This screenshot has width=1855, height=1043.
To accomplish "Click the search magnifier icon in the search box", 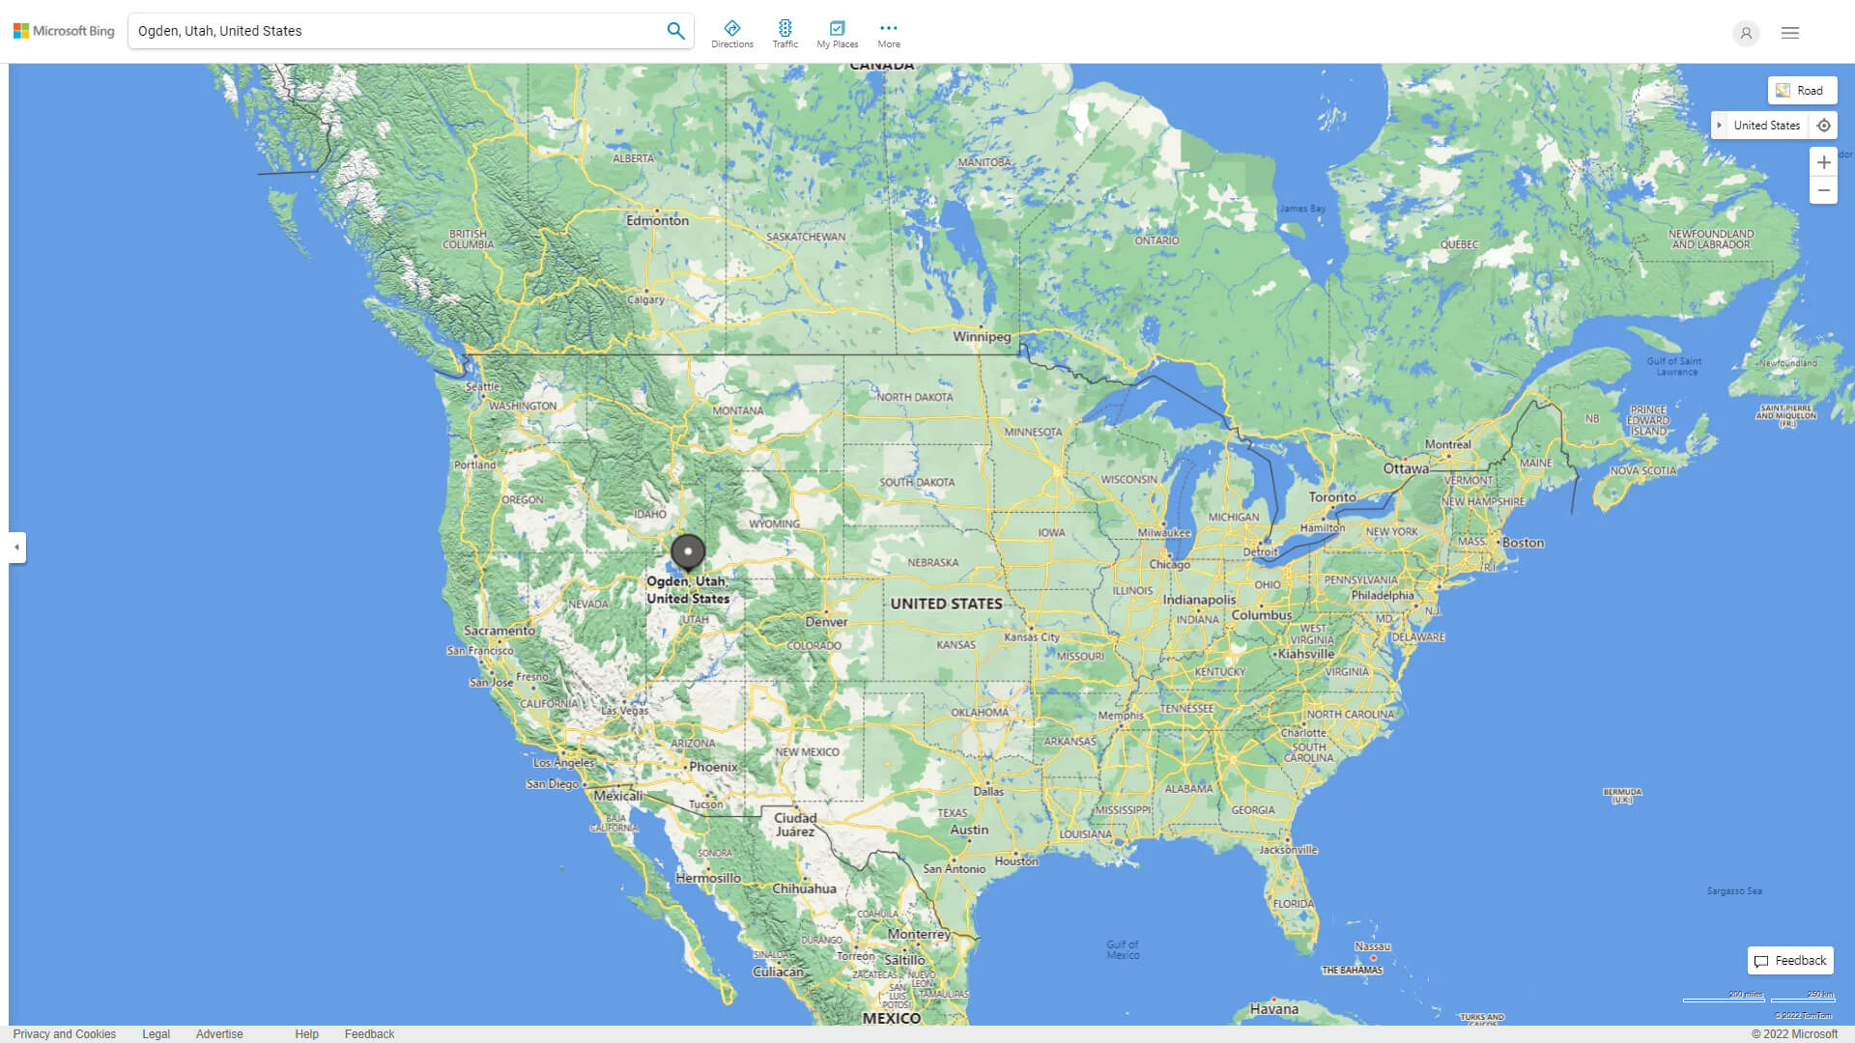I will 675,31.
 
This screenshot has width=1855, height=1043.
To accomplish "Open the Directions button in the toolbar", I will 731,33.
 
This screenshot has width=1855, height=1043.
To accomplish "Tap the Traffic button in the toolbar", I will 785,33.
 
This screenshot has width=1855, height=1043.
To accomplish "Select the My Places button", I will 837,33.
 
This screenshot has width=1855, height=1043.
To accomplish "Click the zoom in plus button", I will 1823,162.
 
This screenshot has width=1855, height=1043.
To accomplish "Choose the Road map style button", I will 1802,90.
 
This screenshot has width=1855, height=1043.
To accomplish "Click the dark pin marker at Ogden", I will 688,551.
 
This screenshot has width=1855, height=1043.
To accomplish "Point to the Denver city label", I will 827,621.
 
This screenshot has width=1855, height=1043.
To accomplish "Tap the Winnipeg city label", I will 982,337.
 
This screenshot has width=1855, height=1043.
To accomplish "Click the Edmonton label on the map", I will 657,220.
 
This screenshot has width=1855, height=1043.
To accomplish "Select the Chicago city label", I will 1169,564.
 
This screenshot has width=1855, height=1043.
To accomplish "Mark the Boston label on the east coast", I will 1523,543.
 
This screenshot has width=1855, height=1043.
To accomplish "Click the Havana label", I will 1273,1009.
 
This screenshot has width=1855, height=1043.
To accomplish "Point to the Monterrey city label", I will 919,934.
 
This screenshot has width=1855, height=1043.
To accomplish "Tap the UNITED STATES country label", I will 946,604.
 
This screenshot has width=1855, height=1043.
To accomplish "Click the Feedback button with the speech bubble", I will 1790,961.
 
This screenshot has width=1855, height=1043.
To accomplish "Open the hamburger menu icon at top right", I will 1789,33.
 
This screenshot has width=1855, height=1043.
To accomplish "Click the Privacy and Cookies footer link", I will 64,1034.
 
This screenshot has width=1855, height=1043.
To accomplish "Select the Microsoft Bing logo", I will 64,31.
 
